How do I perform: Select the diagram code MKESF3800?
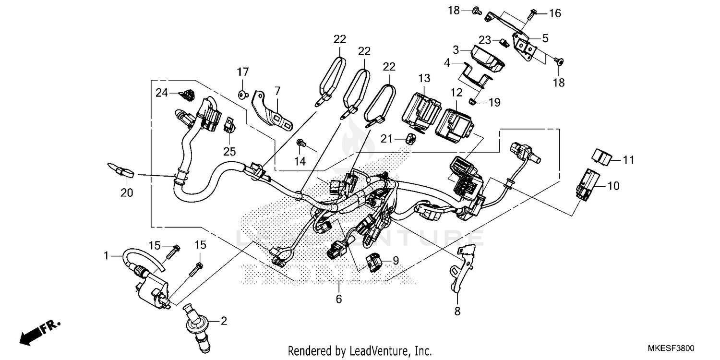672,348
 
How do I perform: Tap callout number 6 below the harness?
339,299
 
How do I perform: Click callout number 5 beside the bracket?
545,37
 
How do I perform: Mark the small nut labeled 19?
472,101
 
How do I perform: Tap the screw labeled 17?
243,94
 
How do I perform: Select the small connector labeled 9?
375,262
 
